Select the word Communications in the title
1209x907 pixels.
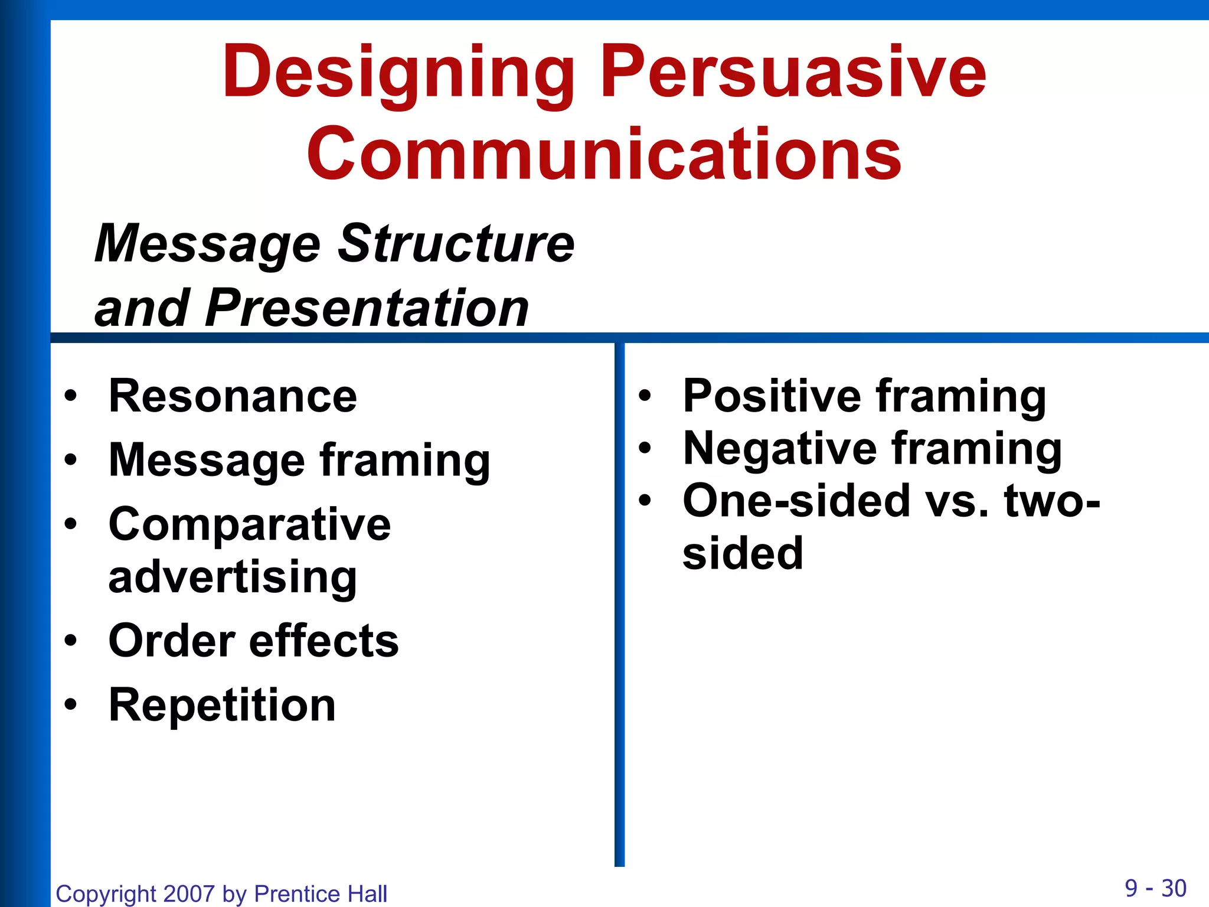(604, 155)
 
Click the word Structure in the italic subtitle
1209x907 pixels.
(456, 243)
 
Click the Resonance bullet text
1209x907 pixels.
(233, 396)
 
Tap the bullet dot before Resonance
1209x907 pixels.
(71, 396)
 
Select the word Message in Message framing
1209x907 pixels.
(207, 461)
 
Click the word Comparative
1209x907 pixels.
(250, 524)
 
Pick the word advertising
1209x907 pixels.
(233, 578)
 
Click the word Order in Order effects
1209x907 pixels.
(172, 641)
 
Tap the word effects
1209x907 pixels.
(324, 641)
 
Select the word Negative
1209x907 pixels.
(780, 449)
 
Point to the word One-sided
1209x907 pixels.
(795, 501)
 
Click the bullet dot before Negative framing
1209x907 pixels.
(645, 449)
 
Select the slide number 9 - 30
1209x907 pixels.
(1155, 888)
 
